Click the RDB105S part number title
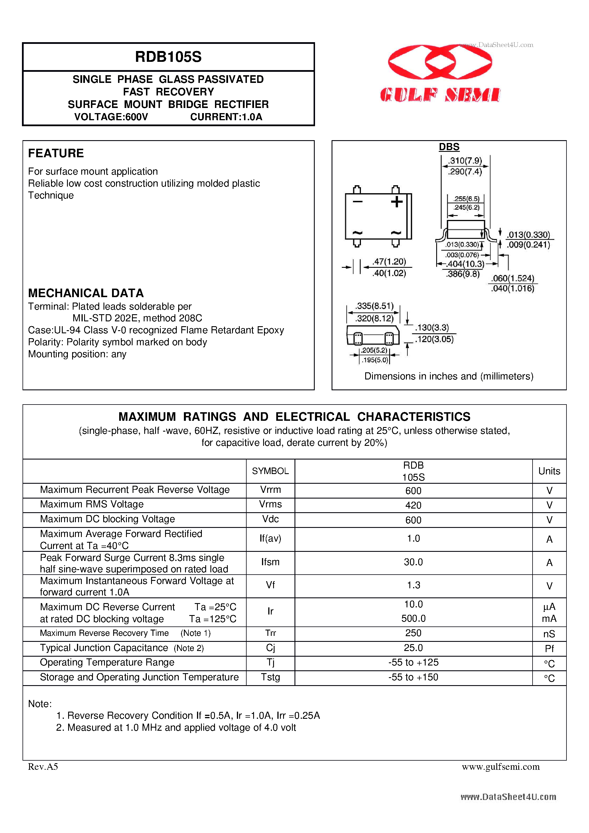pos(168,57)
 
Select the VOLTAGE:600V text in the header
pos(111,117)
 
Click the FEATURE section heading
pos(56,153)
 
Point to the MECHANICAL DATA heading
pos(86,293)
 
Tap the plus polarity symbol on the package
pos(397,202)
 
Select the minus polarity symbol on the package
pos(358,202)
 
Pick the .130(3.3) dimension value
pos(432,328)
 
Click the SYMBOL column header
pos(270,471)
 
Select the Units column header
pos(549,471)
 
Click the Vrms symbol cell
pos(270,504)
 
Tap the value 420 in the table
pos(413,505)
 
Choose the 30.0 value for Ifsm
pos(413,562)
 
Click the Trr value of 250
pos(413,633)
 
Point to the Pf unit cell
pos(549,649)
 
